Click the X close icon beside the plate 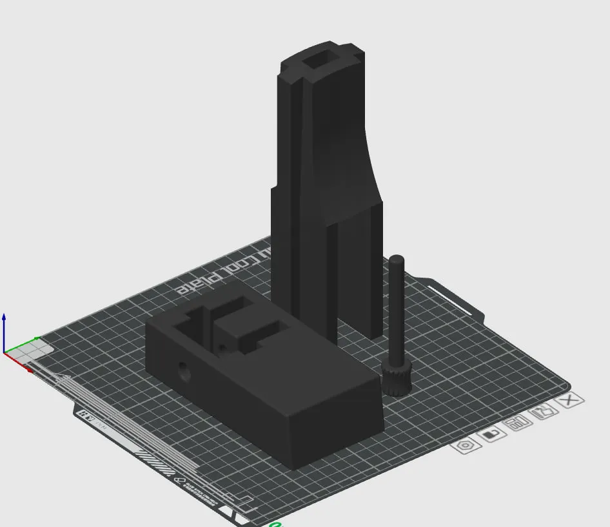click(569, 401)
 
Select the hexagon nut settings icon click(466, 445)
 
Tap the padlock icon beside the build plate click(490, 434)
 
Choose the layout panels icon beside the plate click(517, 423)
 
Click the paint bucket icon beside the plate click(543, 412)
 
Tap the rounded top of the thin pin click(397, 260)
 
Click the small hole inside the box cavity click(223, 348)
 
